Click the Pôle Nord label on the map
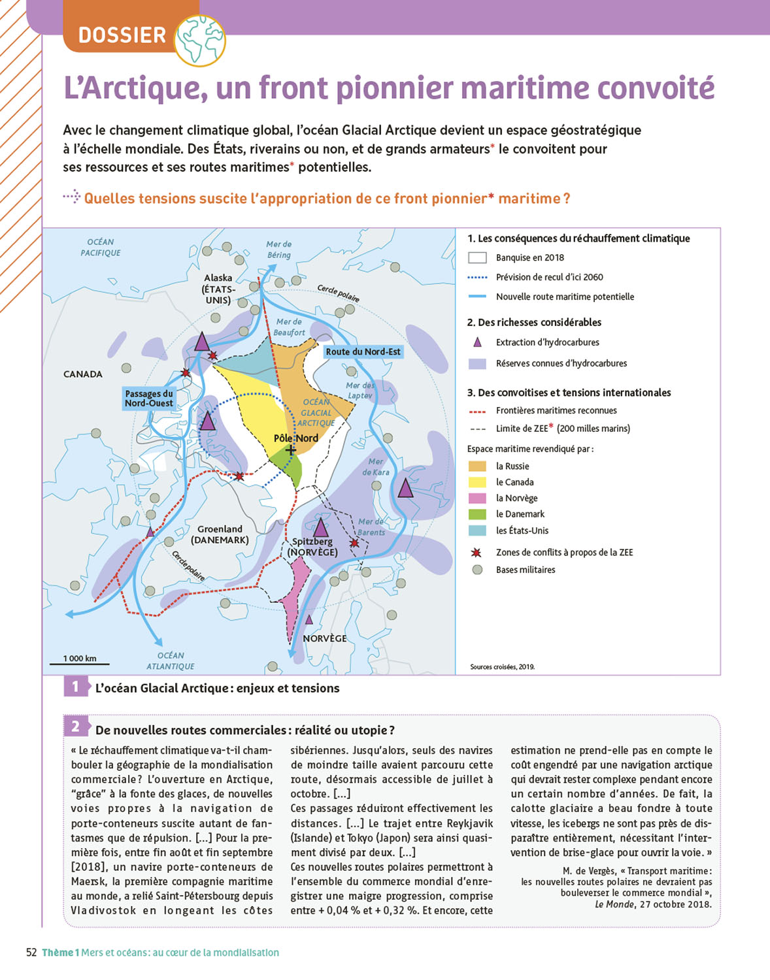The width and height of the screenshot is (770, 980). coord(296,438)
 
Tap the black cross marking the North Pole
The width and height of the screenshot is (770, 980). coord(291,449)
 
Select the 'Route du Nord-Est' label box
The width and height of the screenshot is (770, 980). coord(363,351)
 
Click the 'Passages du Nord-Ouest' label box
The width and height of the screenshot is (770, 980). coord(149,399)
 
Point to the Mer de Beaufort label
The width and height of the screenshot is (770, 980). coord(289,327)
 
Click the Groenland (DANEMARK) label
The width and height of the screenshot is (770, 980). coord(220,534)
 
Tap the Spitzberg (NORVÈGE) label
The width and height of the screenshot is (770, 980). coord(312,547)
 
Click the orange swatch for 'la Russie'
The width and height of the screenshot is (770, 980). coord(477,466)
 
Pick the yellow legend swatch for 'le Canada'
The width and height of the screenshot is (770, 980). coord(477,482)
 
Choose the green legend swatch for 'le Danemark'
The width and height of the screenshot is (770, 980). coord(477,514)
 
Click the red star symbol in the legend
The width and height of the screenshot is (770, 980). coord(477,553)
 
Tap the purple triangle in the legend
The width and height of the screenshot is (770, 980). coord(477,342)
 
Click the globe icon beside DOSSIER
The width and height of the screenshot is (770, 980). coord(201,40)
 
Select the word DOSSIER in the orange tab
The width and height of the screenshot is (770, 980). coord(122,35)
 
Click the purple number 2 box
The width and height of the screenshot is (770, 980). coord(75,727)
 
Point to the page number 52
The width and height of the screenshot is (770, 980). coord(31,953)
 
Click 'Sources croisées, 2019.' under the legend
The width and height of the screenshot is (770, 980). coord(502,667)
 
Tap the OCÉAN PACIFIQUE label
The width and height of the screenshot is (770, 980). coord(101,247)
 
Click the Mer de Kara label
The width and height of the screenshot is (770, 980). coord(376,466)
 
